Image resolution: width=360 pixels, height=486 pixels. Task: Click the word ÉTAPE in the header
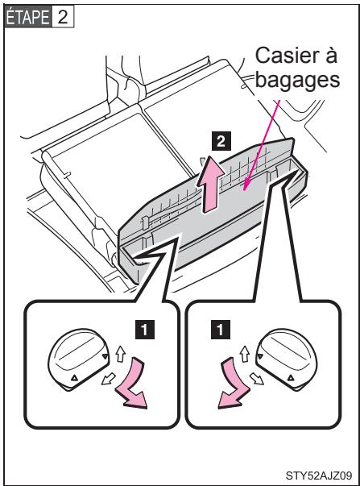(27, 17)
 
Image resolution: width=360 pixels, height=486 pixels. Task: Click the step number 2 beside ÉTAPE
(62, 17)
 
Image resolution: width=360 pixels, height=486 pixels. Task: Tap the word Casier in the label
(283, 56)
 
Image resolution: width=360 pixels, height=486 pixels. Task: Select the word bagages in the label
(297, 80)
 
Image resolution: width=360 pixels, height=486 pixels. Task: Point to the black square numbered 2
(221, 141)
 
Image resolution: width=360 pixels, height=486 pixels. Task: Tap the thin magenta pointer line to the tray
(261, 144)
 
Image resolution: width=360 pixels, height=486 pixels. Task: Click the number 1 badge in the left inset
(144, 330)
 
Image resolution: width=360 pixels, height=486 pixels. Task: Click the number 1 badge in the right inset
(221, 330)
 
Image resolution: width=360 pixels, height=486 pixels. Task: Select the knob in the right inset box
(287, 359)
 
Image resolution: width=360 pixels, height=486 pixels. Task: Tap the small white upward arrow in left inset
(120, 353)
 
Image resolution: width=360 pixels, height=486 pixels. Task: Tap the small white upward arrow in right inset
(245, 353)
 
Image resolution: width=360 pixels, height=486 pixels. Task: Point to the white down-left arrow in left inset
(108, 380)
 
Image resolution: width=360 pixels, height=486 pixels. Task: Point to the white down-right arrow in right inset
(257, 379)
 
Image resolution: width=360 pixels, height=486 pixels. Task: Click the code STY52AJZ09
(318, 475)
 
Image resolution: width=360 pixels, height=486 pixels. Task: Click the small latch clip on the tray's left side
(145, 222)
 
